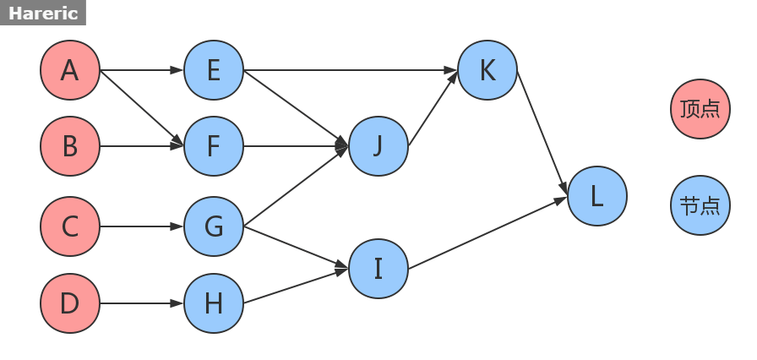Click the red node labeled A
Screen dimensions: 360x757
70,70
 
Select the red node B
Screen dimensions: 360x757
70,146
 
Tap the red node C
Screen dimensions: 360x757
70,226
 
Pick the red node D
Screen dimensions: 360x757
70,303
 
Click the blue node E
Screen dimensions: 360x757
214,70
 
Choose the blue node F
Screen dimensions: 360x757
214,146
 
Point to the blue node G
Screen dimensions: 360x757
214,226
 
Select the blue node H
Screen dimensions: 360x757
214,303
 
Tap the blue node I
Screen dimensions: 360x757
378,269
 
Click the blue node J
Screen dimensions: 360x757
378,146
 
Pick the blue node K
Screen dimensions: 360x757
487,70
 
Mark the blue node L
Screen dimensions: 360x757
597,196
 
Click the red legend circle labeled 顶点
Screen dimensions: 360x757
700,108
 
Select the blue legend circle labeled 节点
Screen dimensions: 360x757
700,205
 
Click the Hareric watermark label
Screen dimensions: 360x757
43,13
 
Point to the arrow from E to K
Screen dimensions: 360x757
351,70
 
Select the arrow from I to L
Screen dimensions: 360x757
487,234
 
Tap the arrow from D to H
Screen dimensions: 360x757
142,303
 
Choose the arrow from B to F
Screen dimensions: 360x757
142,146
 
